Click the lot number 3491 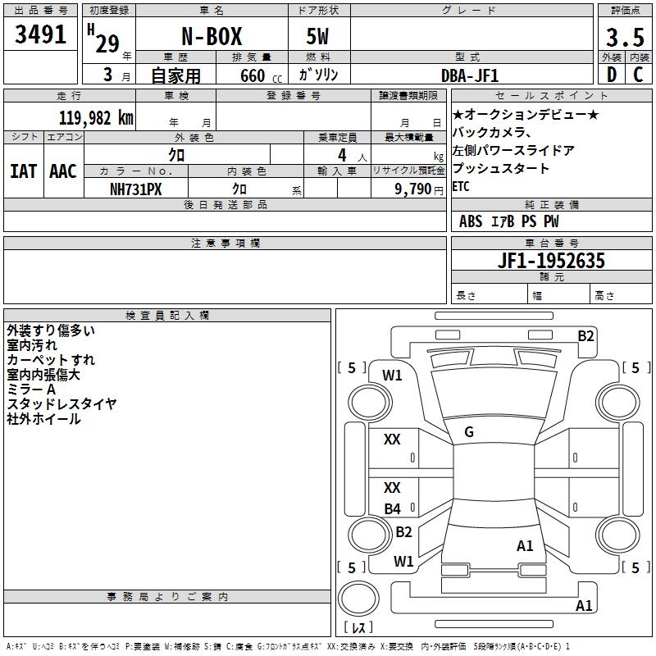point(40,34)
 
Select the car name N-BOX point(212,36)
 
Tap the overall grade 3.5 point(625,37)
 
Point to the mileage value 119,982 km point(96,118)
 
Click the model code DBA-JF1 point(470,75)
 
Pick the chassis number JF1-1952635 point(551,260)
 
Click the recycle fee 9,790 point(412,189)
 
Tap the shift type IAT point(23,171)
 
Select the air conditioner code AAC point(63,171)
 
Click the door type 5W point(317,36)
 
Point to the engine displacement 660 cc point(261,75)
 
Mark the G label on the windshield point(469,432)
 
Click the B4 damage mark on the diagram point(393,508)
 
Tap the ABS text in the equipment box point(471,221)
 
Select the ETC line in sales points point(461,186)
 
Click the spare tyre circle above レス point(358,599)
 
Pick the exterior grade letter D point(612,75)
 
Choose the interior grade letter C point(638,75)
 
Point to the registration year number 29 point(107,43)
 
